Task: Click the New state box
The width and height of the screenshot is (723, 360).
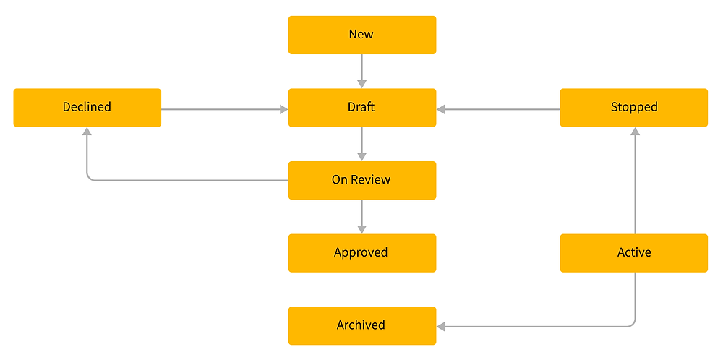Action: (x=361, y=35)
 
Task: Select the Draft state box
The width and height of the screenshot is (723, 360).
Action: (x=361, y=107)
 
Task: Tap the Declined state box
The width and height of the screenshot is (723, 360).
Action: (x=87, y=107)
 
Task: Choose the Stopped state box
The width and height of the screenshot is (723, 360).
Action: (x=633, y=107)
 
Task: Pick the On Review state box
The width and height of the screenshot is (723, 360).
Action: (x=361, y=180)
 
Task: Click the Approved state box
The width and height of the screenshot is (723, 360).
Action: (x=361, y=252)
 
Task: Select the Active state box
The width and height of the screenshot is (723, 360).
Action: (x=633, y=252)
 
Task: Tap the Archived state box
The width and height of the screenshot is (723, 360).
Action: (x=361, y=325)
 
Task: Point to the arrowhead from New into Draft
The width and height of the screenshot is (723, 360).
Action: (x=361, y=83)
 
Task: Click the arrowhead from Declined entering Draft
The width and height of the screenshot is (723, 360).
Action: (x=283, y=110)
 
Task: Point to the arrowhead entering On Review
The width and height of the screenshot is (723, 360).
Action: (x=361, y=156)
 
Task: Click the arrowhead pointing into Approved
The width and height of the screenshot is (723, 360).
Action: (x=361, y=228)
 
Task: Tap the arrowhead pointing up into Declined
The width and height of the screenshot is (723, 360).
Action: (x=87, y=132)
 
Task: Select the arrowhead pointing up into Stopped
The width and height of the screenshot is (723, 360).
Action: (x=636, y=132)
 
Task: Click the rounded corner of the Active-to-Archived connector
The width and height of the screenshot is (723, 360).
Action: (x=633, y=324)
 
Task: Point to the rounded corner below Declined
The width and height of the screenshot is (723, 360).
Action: (x=90, y=177)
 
